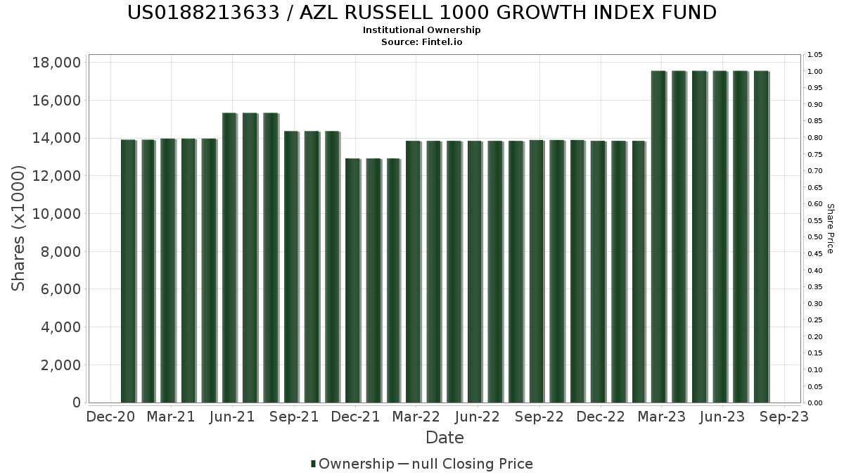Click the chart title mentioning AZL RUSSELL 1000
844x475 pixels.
tap(422, 13)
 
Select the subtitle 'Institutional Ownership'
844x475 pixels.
tap(422, 30)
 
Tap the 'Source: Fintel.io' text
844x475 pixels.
tap(422, 42)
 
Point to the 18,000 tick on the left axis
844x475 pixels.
tap(57, 63)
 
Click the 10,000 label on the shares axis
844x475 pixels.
tap(57, 214)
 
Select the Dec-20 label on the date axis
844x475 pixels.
tap(110, 417)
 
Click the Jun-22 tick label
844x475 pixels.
tap(478, 417)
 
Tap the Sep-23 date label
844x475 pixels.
tap(784, 417)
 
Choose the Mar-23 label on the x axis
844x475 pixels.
tap(661, 417)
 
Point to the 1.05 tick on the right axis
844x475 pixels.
tap(815, 55)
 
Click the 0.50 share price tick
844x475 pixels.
tap(815, 237)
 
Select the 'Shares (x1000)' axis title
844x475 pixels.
tap(19, 228)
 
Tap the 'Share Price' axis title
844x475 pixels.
tap(830, 228)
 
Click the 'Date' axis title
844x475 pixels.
tap(445, 438)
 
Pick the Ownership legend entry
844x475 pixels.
tap(352, 464)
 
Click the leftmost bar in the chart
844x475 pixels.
tap(128, 271)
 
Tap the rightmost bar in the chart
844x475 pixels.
tap(761, 236)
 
